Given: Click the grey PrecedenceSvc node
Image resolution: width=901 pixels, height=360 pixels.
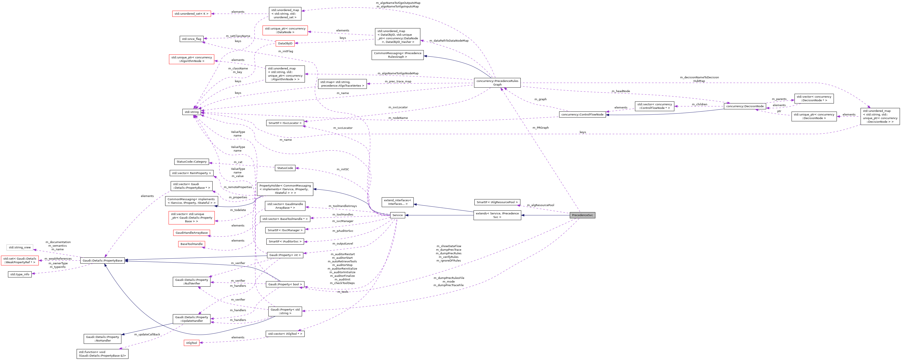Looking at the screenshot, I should click(x=582, y=215).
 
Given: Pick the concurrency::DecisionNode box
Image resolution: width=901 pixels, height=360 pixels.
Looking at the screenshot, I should click(x=745, y=106).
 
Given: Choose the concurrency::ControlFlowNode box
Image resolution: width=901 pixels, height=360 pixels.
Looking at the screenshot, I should click(x=582, y=114).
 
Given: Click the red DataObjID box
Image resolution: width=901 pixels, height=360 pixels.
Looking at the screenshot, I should click(x=285, y=43).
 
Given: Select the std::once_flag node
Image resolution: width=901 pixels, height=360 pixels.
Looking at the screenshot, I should click(x=191, y=39).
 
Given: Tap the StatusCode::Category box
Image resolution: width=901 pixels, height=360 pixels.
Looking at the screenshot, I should click(x=191, y=162).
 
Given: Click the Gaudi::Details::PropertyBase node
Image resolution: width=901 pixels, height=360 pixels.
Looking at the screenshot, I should click(x=102, y=261).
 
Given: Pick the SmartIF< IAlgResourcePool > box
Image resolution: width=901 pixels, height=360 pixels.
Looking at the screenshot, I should click(x=497, y=202).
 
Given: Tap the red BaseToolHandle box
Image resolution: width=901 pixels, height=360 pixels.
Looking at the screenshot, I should click(x=191, y=244).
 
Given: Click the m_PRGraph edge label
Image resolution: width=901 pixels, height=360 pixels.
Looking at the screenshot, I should click(x=540, y=128).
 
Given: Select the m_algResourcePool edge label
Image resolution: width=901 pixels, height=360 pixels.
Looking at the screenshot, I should click(x=540, y=205).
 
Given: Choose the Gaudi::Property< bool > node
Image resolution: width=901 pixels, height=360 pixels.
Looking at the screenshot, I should click(x=285, y=284).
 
